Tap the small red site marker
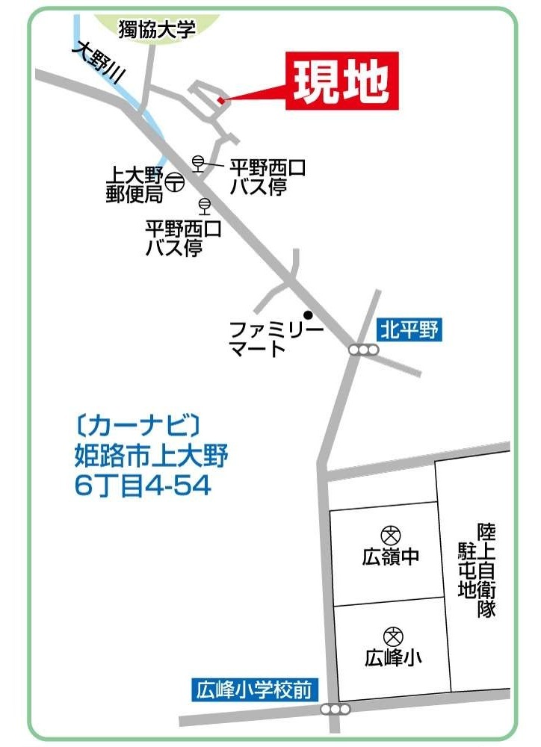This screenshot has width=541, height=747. [x=220, y=101]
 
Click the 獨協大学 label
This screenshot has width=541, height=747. [x=157, y=30]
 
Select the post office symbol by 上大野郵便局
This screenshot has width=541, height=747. [x=174, y=182]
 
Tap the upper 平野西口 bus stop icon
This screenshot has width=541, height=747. [x=198, y=162]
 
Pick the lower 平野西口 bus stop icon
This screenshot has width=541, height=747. [x=203, y=205]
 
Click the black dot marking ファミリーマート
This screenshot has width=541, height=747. [x=307, y=314]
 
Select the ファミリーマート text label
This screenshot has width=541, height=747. [x=276, y=338]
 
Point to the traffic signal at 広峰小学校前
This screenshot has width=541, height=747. [x=334, y=709]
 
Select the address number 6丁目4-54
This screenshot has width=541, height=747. [x=143, y=486]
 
